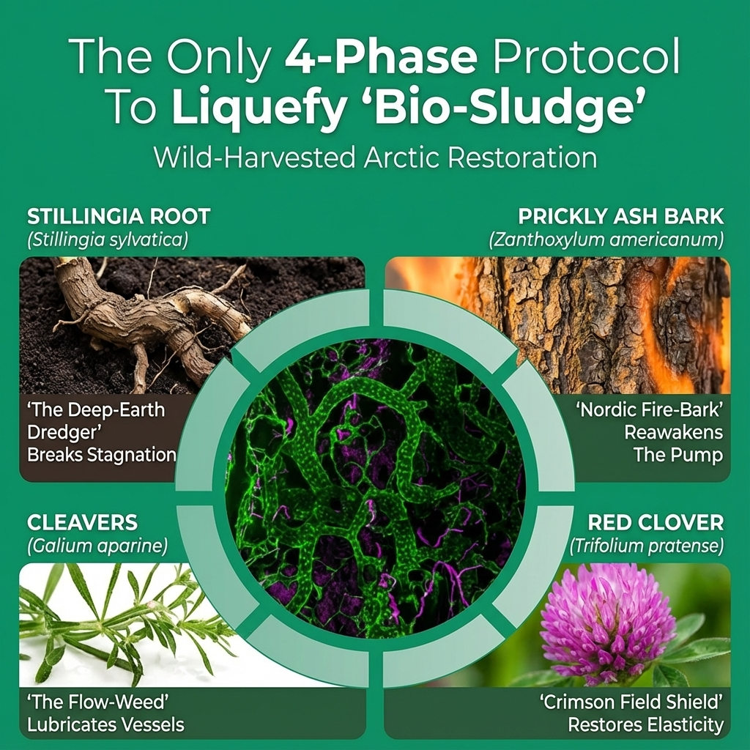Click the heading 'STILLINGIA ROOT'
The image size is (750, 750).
click(x=119, y=217)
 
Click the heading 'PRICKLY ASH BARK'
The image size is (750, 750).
click(x=620, y=217)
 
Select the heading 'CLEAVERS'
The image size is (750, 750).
click(x=82, y=523)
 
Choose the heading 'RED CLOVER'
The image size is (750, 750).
click(x=656, y=523)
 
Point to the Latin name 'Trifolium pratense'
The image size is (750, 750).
click(x=645, y=546)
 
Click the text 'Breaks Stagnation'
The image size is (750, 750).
click(x=102, y=455)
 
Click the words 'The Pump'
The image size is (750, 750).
click(x=678, y=455)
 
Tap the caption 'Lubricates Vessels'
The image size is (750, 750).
click(x=105, y=726)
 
